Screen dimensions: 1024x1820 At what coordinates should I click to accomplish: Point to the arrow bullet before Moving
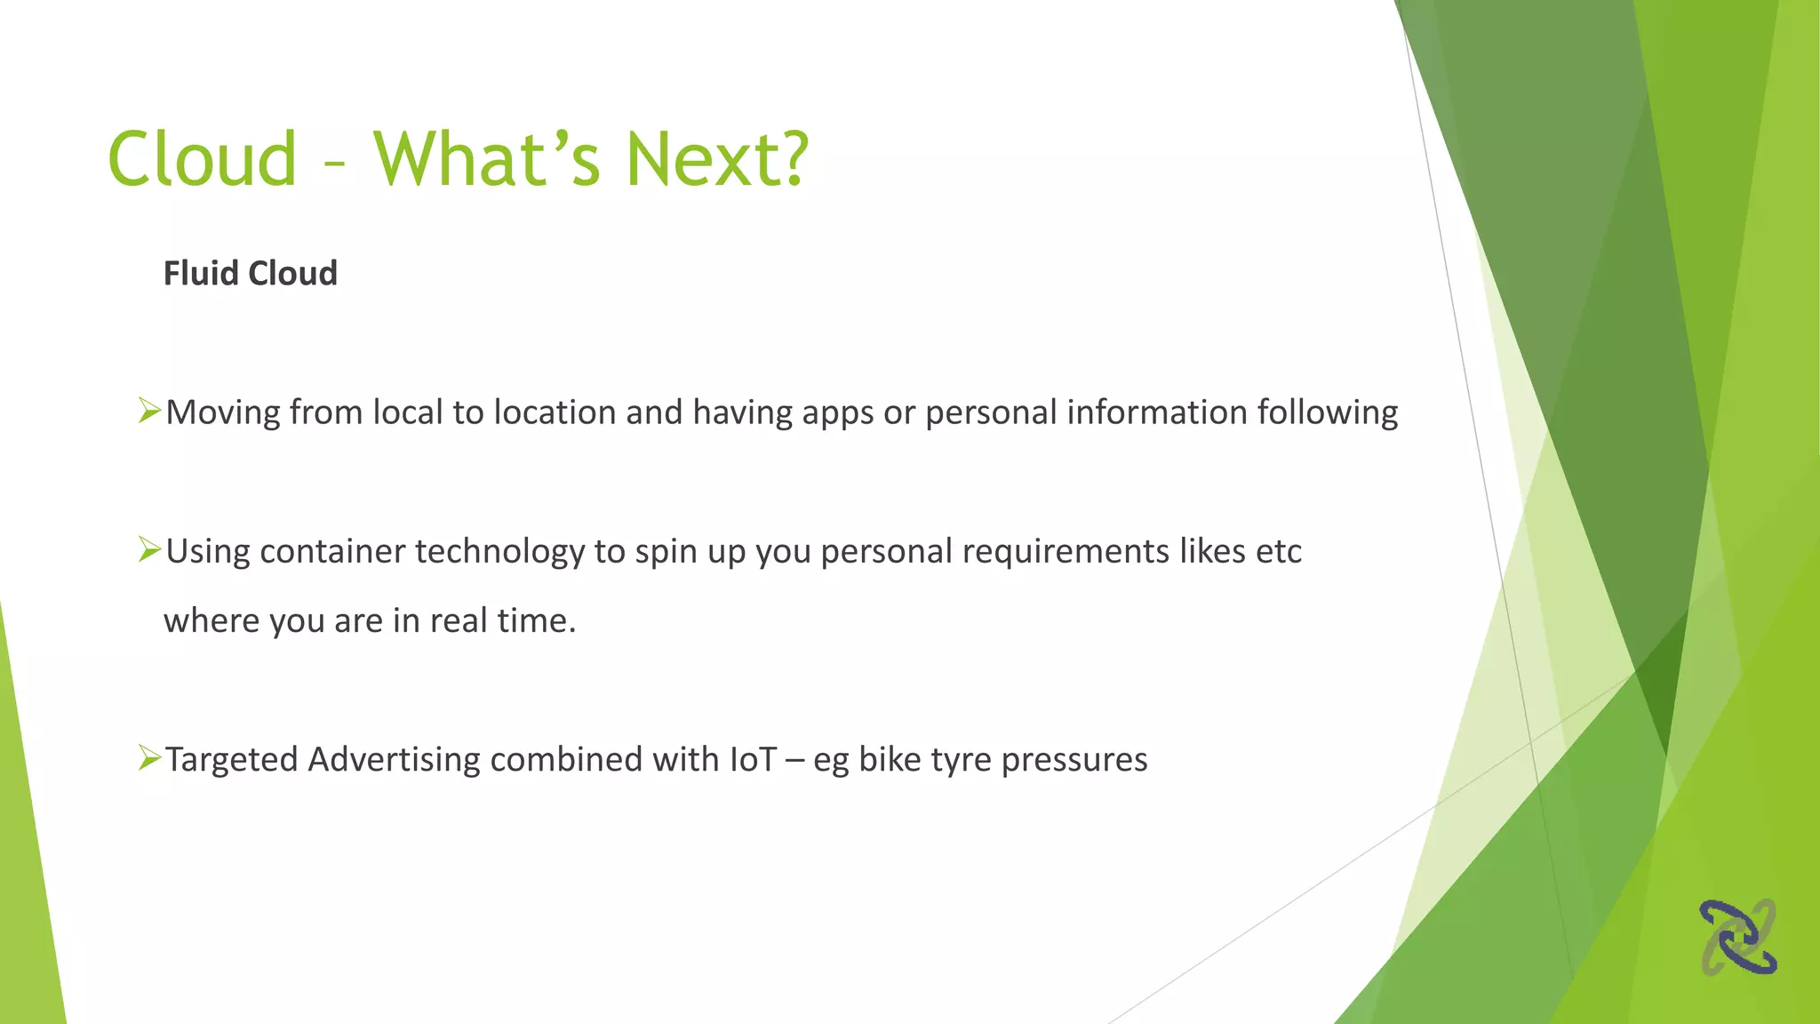[x=149, y=412]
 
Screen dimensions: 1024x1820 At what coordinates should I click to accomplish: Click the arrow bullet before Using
[x=149, y=550]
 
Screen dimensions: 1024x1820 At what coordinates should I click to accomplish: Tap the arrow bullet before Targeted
[x=149, y=759]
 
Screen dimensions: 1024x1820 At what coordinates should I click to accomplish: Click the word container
[x=332, y=552]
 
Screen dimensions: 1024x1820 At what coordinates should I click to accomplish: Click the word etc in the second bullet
[x=1278, y=552]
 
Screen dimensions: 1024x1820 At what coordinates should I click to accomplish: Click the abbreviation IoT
[x=753, y=760]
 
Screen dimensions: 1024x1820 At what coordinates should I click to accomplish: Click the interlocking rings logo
[x=1738, y=937]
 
